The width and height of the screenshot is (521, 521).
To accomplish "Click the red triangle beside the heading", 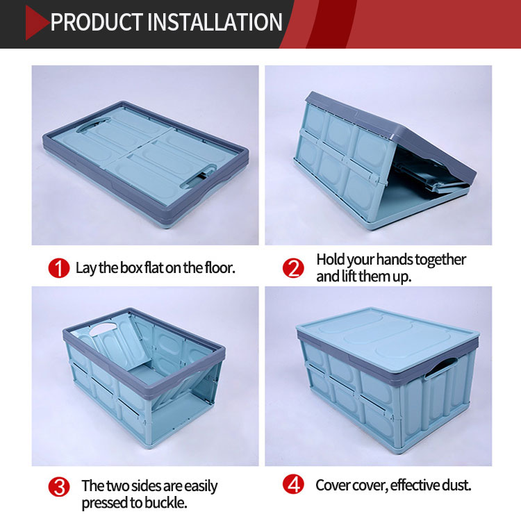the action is pyautogui.click(x=36, y=23).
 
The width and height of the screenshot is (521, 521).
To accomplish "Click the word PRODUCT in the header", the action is pyautogui.click(x=97, y=22).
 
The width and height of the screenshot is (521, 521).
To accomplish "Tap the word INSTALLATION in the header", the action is pyautogui.click(x=215, y=22).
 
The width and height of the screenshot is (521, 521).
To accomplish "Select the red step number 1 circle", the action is pyautogui.click(x=59, y=268).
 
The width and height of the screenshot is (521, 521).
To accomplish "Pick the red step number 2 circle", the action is pyautogui.click(x=293, y=268).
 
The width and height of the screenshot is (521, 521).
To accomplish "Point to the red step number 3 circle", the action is pyautogui.click(x=59, y=487).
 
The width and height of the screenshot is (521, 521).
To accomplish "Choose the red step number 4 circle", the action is pyautogui.click(x=293, y=484).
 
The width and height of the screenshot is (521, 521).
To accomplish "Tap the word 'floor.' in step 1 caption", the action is pyautogui.click(x=220, y=267).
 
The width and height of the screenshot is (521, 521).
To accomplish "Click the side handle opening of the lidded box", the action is pyautogui.click(x=440, y=367).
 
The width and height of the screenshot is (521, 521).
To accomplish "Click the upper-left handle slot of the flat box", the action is pyautogui.click(x=93, y=124).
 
